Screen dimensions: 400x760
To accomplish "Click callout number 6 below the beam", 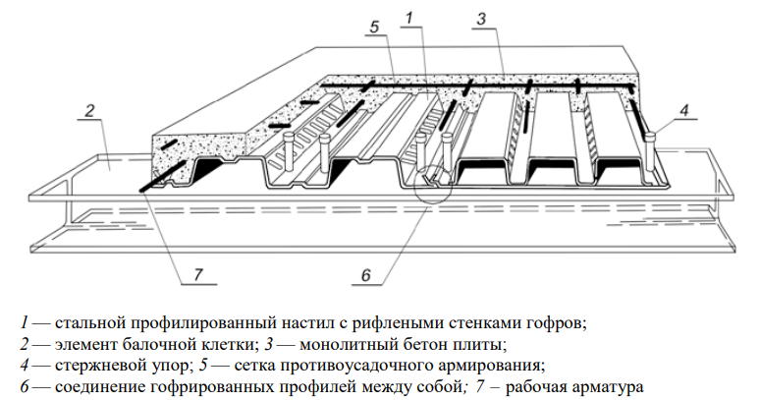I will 366,275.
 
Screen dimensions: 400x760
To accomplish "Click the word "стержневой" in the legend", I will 97,366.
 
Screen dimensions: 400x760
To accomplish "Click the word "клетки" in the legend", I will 226,344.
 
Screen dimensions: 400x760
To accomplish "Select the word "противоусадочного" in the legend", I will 354,366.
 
